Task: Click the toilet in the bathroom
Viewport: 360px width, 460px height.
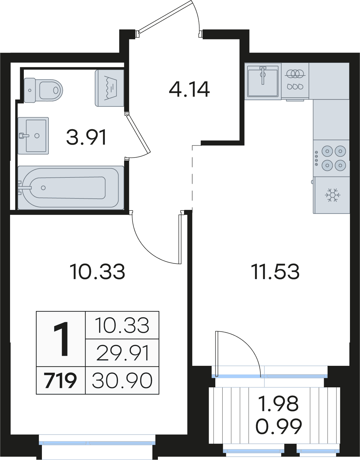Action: point(43,90)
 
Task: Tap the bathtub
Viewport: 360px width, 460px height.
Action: point(71,188)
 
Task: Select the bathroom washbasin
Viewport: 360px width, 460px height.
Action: point(33,136)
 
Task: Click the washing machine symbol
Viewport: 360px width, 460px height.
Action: point(109,88)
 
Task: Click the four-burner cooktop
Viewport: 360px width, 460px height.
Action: point(331,158)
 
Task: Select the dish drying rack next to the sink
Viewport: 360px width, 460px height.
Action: point(295,81)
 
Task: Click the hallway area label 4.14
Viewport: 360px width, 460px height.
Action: point(189,90)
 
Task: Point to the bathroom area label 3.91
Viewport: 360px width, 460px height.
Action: point(86,138)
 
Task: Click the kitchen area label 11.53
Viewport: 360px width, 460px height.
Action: point(275,272)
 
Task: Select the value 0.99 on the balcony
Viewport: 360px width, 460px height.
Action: point(278,426)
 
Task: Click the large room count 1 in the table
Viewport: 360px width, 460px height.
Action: point(61,339)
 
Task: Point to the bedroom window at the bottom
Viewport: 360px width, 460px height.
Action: point(97,443)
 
